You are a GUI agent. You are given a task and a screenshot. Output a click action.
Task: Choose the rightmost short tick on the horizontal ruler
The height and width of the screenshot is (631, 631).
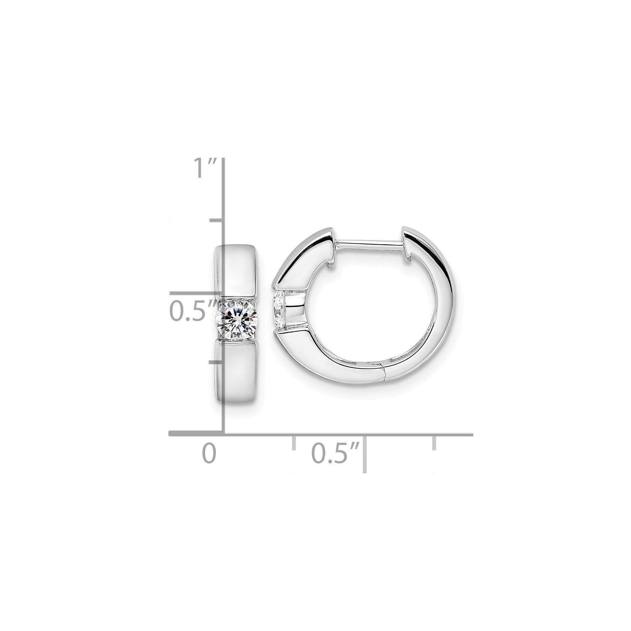click(x=435, y=442)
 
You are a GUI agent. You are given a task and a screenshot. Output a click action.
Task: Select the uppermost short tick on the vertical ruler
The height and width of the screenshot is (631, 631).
click(x=216, y=220)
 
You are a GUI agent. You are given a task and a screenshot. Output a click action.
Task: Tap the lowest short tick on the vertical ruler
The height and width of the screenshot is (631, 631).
click(x=216, y=361)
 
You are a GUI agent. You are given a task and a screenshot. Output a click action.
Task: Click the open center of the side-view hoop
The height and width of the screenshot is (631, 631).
click(x=354, y=308)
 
